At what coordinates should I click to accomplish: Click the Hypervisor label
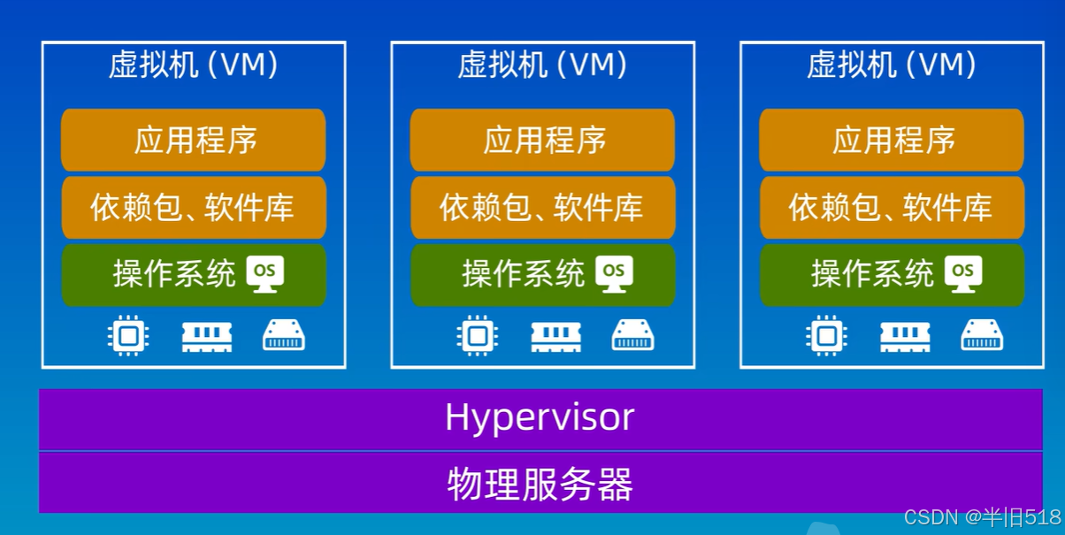pos(540,418)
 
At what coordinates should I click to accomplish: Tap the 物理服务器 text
pos(540,484)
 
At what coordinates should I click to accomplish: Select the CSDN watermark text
pos(982,517)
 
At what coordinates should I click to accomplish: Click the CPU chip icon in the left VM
pos(128,335)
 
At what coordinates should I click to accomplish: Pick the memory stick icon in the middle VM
pos(555,337)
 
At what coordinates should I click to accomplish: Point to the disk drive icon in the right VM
pos(982,335)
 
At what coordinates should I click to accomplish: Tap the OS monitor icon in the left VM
pos(265,273)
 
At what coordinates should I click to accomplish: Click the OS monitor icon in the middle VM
pos(614,273)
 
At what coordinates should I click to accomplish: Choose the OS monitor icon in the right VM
pos(963,273)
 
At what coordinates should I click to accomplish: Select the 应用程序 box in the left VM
pos(194,141)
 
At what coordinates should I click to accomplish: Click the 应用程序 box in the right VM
pos(892,141)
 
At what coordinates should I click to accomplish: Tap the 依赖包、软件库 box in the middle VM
pos(543,208)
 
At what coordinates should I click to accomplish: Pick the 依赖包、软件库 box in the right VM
pos(892,208)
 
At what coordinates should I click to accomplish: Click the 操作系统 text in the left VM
pos(174,273)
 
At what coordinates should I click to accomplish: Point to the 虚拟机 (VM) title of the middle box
pos(542,65)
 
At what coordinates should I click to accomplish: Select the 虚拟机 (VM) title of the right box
pos(892,65)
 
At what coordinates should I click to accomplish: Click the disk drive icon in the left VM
pos(284,335)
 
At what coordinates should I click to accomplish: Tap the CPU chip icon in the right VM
pos(826,335)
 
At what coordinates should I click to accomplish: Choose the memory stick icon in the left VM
pos(207,337)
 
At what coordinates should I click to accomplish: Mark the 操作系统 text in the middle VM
pos(523,273)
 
